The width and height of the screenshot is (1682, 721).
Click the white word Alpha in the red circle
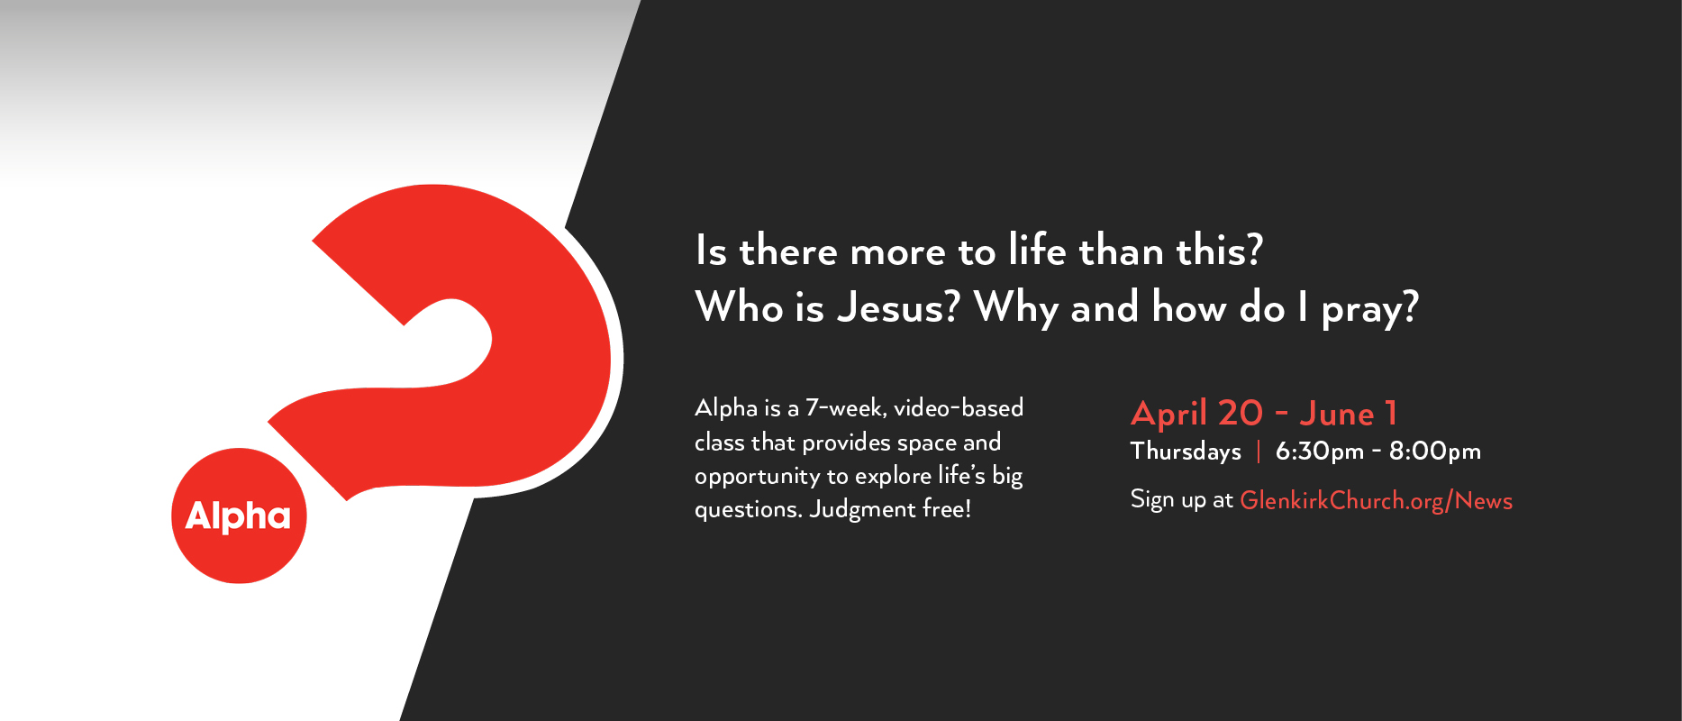coord(238,516)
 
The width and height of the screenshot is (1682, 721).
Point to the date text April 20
coord(1197,414)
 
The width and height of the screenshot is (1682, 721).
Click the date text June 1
coord(1349,414)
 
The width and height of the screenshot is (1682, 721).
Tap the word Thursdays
coord(1186,451)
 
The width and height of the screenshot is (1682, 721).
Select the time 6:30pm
coord(1320,452)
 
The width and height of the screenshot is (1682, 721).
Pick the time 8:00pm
coord(1435,452)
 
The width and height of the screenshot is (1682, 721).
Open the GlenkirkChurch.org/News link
coord(1376,501)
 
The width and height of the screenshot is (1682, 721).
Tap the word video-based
coord(959,407)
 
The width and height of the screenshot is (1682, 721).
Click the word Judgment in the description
coord(862,510)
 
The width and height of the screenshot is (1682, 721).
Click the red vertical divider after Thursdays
coord(1259,451)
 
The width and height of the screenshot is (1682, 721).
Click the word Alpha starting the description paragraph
coord(726,409)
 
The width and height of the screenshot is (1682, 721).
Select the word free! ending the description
coord(947,508)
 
